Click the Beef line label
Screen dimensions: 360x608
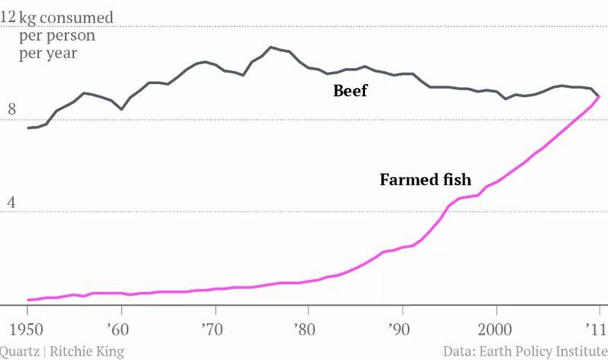350,91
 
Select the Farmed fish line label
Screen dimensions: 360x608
425,180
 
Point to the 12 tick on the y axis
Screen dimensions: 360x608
8,17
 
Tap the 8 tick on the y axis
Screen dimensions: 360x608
11,110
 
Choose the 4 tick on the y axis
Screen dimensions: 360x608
11,203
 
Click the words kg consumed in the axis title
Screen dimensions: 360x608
66,17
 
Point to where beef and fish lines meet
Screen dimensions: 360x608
600,96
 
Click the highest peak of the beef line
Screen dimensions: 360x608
270,47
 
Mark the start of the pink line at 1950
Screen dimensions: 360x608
27,300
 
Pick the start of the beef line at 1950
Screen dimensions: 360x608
27,128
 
